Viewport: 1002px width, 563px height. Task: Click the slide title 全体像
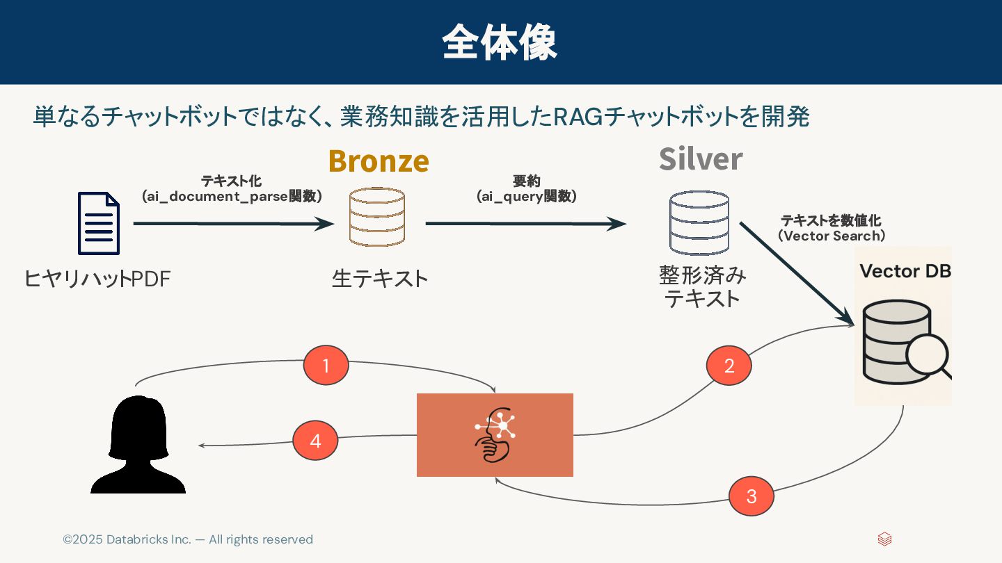[500, 43]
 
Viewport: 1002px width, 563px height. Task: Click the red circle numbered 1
[326, 365]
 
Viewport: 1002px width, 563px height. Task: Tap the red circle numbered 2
[729, 366]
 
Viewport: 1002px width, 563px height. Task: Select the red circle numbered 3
[751, 496]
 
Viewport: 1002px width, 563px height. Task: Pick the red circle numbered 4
[315, 441]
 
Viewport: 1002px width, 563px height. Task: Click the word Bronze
[379, 161]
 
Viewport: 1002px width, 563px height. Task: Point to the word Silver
[701, 159]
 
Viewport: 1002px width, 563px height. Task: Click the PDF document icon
[98, 223]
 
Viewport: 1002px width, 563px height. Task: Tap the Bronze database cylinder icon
[377, 217]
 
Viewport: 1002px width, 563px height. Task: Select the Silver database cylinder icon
[699, 223]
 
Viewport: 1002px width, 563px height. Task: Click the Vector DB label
[905, 271]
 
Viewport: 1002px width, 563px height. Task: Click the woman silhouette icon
[138, 445]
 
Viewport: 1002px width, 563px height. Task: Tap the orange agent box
[495, 435]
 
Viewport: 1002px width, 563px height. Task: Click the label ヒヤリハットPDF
[97, 279]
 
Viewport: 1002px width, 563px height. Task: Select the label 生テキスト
[380, 279]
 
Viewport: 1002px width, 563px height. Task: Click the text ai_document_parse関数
[232, 197]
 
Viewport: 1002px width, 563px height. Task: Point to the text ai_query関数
[527, 197]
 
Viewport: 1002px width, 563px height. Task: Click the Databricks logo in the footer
[884, 539]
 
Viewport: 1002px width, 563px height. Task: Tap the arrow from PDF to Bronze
[233, 224]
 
